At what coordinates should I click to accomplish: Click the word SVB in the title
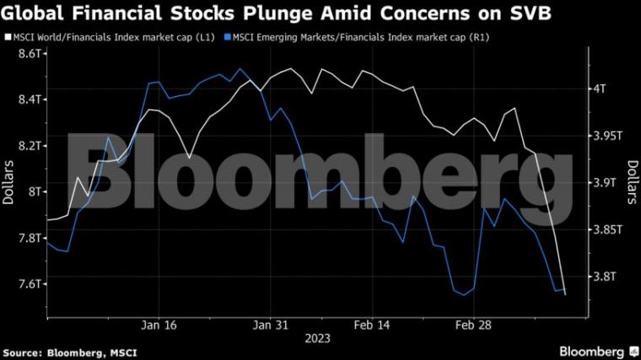(531, 13)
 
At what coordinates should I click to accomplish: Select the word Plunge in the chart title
(278, 13)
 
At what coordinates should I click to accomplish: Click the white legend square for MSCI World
(8, 38)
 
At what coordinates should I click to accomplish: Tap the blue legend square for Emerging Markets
(227, 38)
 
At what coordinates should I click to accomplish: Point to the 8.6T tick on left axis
(30, 53)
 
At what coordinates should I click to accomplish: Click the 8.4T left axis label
(30, 99)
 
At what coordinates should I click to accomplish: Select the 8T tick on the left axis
(35, 192)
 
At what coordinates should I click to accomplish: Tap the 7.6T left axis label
(30, 284)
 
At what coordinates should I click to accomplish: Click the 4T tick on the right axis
(600, 89)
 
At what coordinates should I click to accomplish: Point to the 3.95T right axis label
(607, 136)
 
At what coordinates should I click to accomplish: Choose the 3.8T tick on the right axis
(604, 277)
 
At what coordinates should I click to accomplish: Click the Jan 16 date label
(159, 325)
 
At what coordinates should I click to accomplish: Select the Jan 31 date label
(270, 325)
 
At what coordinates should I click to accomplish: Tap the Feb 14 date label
(372, 325)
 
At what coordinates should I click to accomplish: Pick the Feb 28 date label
(473, 325)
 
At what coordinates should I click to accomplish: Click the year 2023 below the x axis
(318, 339)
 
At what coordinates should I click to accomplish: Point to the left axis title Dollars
(8, 182)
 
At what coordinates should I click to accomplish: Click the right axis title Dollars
(633, 182)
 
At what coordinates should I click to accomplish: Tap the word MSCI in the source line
(123, 353)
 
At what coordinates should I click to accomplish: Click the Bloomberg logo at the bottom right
(599, 352)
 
